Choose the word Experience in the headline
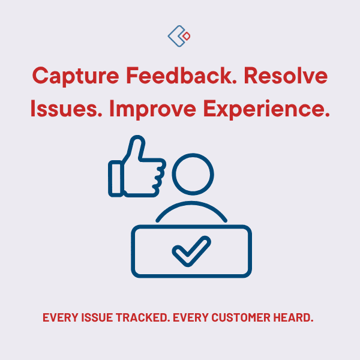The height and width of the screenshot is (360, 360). click(266, 109)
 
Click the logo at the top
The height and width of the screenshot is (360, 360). click(179, 36)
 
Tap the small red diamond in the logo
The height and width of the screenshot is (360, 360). click(187, 37)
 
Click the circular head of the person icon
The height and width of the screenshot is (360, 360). click(193, 174)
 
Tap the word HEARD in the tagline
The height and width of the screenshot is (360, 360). click(295, 317)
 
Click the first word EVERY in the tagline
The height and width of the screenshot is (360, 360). click(59, 317)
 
